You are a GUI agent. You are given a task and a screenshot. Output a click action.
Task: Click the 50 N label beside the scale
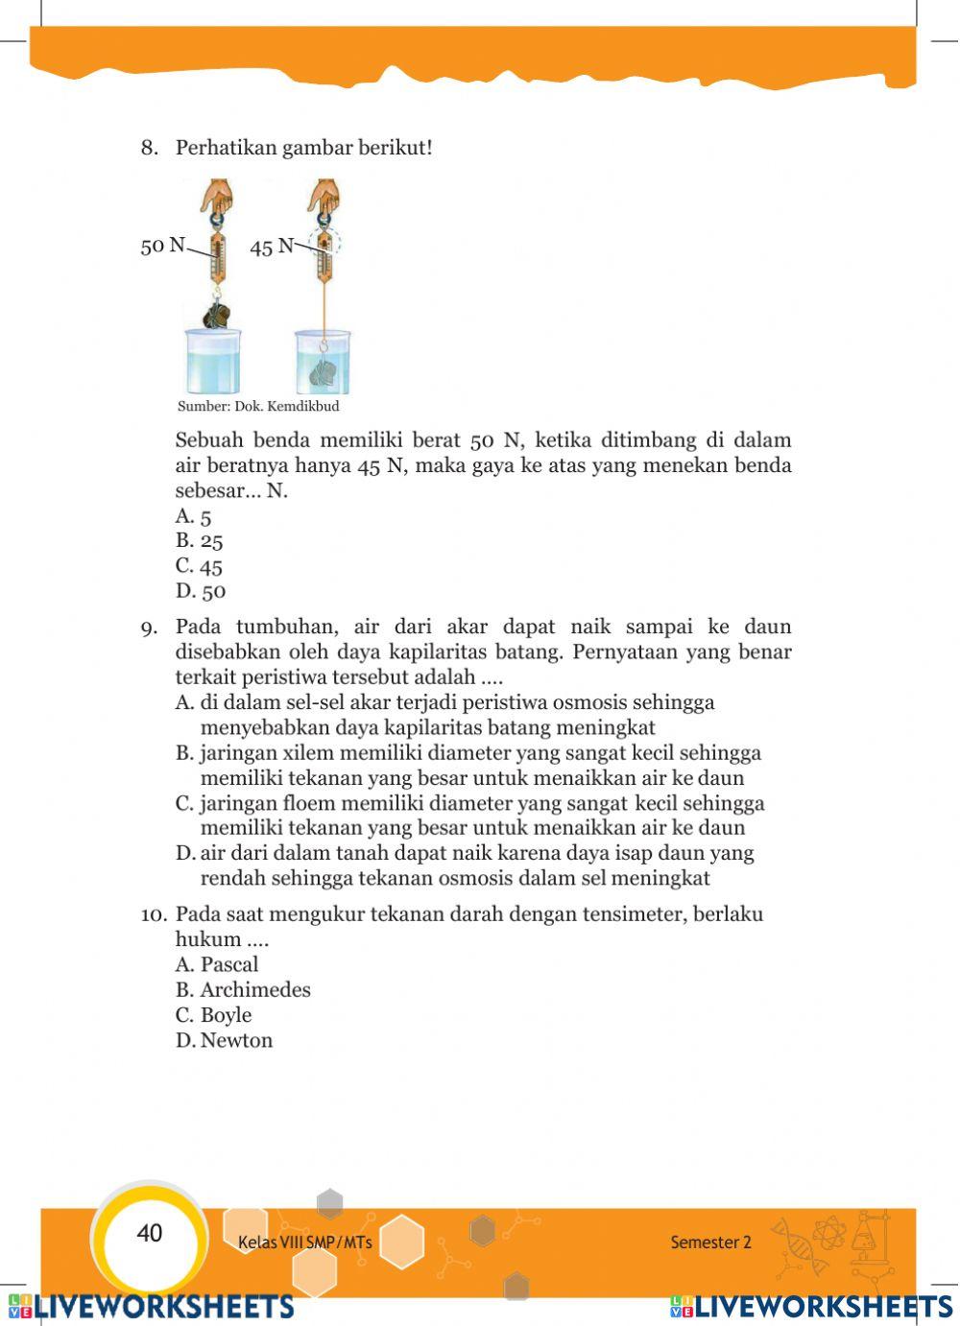(x=162, y=246)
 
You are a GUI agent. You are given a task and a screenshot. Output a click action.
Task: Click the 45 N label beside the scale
(x=272, y=247)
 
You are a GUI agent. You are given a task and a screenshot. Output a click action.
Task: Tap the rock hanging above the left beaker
(x=217, y=314)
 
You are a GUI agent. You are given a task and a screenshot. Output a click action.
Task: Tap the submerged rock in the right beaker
(x=326, y=372)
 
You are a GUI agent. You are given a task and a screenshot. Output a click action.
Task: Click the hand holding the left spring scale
(x=217, y=197)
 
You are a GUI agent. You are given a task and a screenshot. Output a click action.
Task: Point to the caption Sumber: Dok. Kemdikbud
(x=258, y=406)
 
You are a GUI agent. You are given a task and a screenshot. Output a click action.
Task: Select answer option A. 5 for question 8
(x=194, y=516)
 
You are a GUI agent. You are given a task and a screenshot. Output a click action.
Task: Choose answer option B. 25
(x=200, y=541)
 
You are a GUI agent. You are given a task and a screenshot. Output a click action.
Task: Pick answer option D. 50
(x=201, y=591)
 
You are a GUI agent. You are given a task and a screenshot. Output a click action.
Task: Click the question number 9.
(x=149, y=628)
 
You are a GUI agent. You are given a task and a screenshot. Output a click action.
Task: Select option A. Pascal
(x=217, y=964)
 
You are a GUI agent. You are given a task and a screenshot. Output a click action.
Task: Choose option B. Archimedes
(x=243, y=989)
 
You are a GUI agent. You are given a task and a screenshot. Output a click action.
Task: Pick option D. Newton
(x=225, y=1040)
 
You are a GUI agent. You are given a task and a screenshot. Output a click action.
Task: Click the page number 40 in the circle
(x=150, y=1233)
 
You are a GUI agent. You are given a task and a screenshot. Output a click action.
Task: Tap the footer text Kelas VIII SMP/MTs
(x=304, y=1242)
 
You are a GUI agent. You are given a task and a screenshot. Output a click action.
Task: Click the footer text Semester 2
(x=710, y=1242)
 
